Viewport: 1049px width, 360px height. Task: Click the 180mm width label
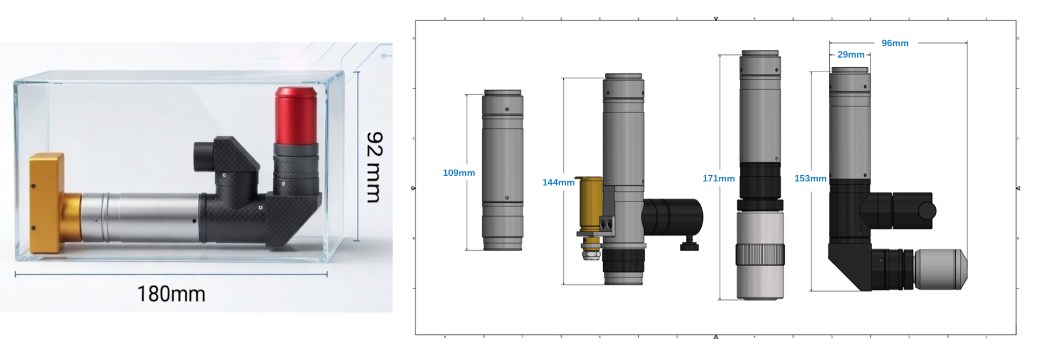171,294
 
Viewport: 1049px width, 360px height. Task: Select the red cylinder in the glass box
295,116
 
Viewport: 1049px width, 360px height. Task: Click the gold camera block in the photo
47,203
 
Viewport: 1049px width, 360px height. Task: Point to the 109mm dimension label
459,173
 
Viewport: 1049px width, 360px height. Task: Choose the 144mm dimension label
558,183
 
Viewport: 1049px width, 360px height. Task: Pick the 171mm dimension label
719,178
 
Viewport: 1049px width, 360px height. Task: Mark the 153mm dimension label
810,178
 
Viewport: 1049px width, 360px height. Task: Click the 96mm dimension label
895,43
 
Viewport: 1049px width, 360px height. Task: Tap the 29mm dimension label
851,54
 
